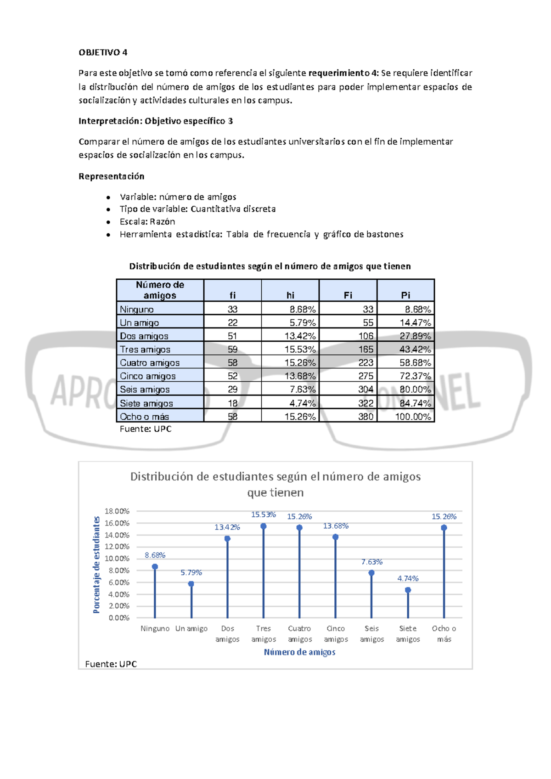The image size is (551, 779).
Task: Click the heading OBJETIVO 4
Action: point(103,52)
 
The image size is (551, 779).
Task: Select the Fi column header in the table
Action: point(348,295)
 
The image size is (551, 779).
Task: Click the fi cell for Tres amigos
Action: point(232,350)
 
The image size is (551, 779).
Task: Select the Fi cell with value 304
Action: point(366,389)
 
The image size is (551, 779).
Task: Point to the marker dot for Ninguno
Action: point(155,567)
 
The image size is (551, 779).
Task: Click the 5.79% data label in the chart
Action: point(191,573)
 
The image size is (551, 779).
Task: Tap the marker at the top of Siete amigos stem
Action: point(408,590)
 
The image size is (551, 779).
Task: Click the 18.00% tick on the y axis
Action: point(117,511)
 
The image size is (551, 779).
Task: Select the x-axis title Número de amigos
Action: point(299,652)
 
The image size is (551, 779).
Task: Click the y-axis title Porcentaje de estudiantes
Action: point(96,565)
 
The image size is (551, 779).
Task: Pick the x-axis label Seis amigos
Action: point(371,634)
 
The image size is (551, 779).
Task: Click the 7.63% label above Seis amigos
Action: point(371,562)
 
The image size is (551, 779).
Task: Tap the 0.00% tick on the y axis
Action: point(119,618)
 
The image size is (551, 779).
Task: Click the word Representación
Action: point(112,176)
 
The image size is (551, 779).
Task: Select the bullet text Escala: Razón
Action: point(147,221)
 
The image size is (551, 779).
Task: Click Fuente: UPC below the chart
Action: point(111,664)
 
